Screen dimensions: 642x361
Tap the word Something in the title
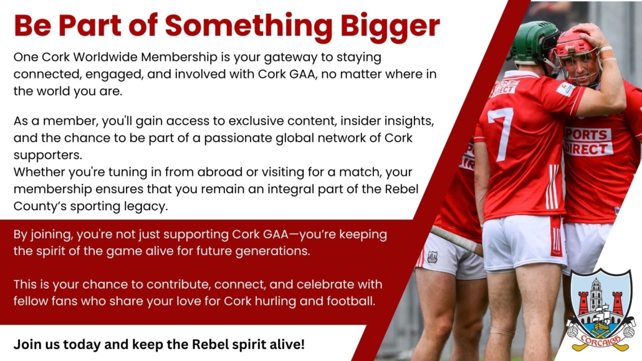point(249,26)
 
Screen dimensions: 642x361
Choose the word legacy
point(150,206)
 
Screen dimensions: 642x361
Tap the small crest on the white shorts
point(433,257)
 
